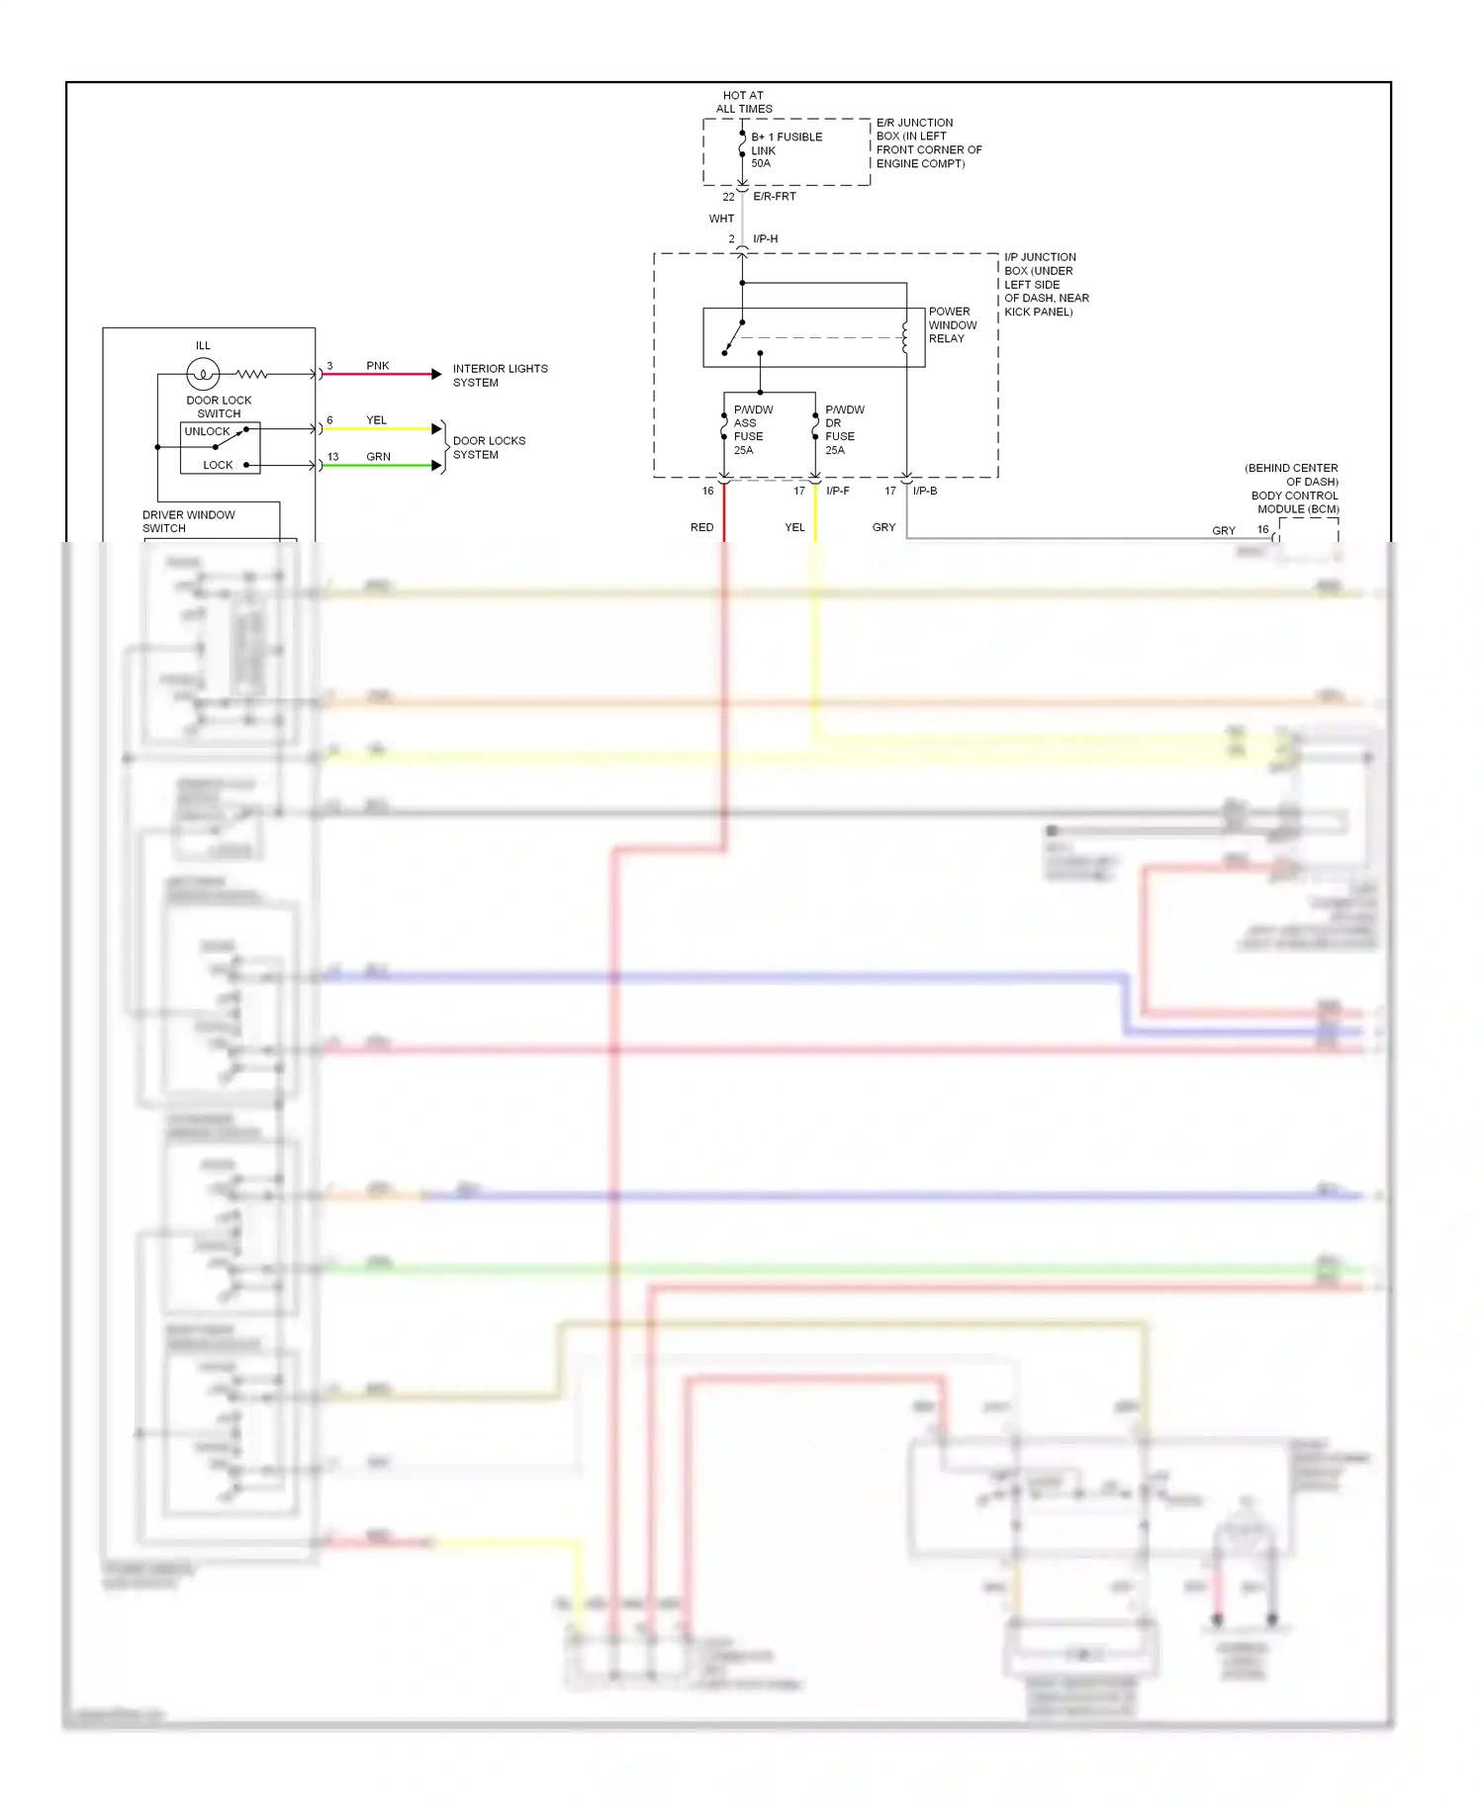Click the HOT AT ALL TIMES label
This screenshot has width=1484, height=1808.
743,102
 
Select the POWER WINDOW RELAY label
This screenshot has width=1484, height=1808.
952,324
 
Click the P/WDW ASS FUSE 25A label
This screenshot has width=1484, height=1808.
752,429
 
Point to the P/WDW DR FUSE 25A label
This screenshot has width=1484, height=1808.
844,429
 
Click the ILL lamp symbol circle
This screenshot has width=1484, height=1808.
203,374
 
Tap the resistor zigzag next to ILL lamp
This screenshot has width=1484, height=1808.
251,374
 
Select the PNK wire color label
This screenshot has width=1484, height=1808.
377,366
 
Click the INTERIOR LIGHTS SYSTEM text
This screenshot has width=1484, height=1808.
500,375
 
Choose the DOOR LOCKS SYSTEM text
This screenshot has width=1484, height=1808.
489,447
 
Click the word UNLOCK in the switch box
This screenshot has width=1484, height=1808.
207,431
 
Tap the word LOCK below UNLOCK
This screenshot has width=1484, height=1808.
218,465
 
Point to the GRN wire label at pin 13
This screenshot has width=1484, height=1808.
378,457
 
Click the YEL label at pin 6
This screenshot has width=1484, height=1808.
376,420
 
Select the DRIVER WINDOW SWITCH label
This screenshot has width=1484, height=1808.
188,521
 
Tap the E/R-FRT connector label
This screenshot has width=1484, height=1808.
774,197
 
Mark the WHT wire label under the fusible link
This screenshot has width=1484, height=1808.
721,219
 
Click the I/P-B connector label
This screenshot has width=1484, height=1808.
924,491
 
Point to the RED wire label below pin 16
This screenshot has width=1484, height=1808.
701,527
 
